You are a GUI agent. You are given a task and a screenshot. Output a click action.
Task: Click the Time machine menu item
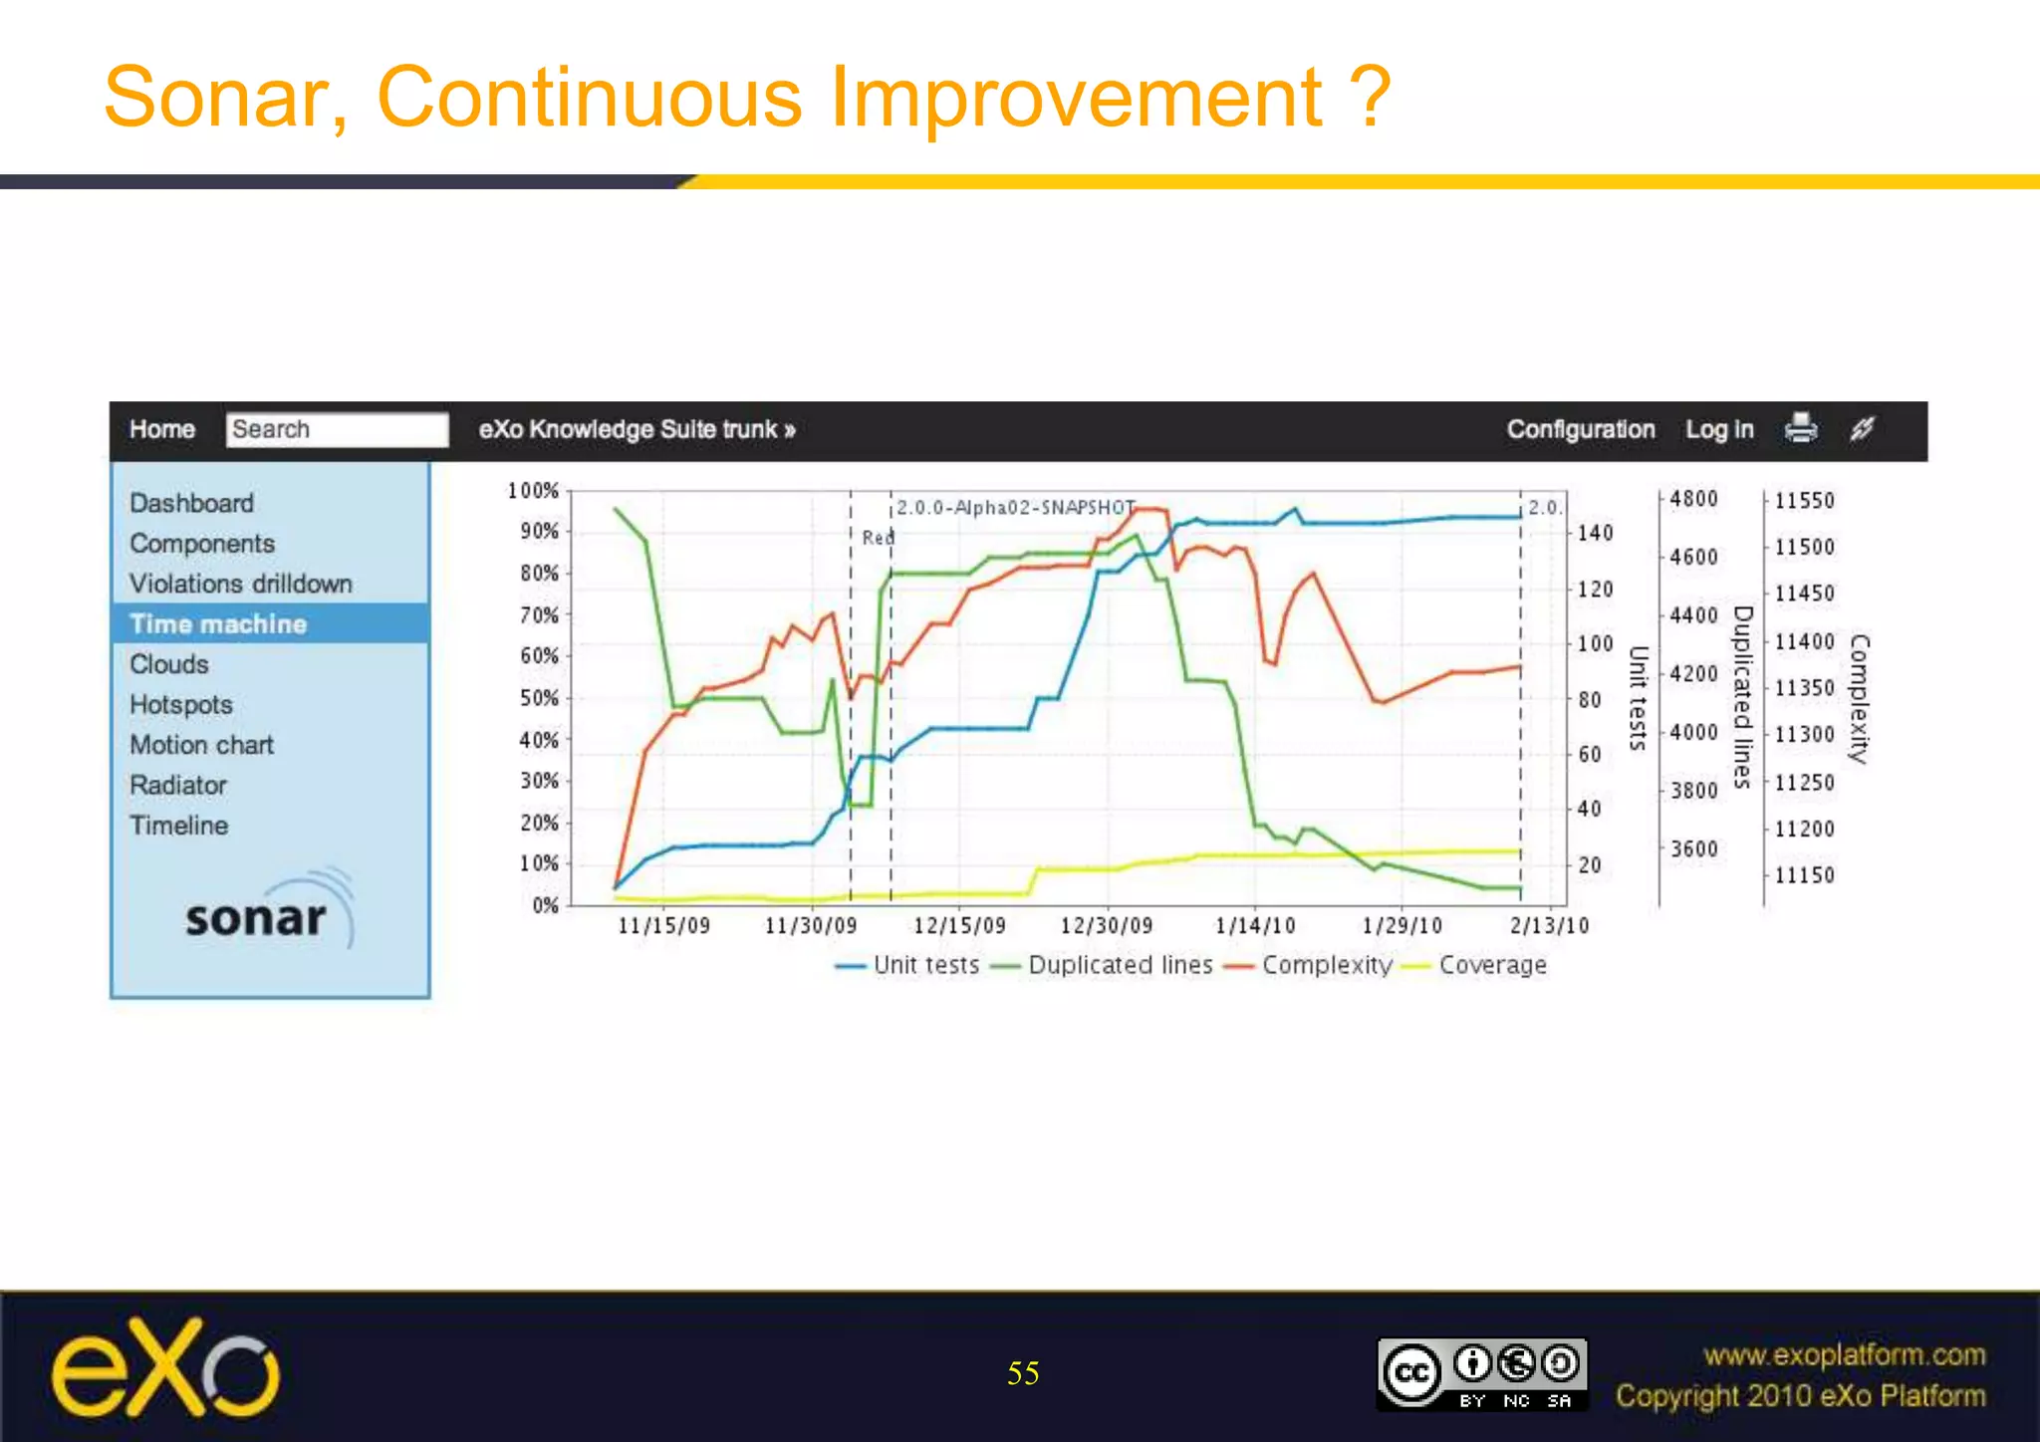[x=218, y=624]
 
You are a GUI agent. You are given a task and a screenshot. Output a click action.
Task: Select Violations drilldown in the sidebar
[x=240, y=584]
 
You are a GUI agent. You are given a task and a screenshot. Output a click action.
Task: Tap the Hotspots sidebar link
[x=180, y=704]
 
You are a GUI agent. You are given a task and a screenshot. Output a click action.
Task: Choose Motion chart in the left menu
[x=201, y=745]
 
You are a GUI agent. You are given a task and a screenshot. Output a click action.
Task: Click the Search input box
[x=337, y=429]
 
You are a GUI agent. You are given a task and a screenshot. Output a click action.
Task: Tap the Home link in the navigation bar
[x=162, y=429]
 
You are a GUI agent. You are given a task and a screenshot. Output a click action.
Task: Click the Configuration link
[x=1580, y=429]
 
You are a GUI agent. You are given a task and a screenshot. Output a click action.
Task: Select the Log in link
[x=1718, y=429]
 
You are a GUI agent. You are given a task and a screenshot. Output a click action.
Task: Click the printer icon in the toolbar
[x=1801, y=428]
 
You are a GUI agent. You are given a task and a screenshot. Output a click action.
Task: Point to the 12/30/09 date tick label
[x=1106, y=926]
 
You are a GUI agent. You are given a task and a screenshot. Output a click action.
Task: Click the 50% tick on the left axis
[x=539, y=698]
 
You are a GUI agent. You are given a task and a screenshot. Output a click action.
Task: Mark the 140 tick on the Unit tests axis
[x=1595, y=534]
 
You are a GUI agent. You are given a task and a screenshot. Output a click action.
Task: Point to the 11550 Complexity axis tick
[x=1804, y=501]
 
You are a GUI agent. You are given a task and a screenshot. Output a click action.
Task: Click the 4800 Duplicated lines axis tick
[x=1693, y=499]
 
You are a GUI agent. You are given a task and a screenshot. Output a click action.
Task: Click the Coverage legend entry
[x=1491, y=965]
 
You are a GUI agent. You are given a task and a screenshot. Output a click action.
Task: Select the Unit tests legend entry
[x=925, y=965]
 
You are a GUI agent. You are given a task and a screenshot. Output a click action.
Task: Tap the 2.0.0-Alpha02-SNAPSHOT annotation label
[x=1015, y=508]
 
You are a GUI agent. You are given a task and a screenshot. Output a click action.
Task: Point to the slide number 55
[x=1023, y=1373]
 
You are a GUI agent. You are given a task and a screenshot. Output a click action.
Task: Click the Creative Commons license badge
[x=1481, y=1374]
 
